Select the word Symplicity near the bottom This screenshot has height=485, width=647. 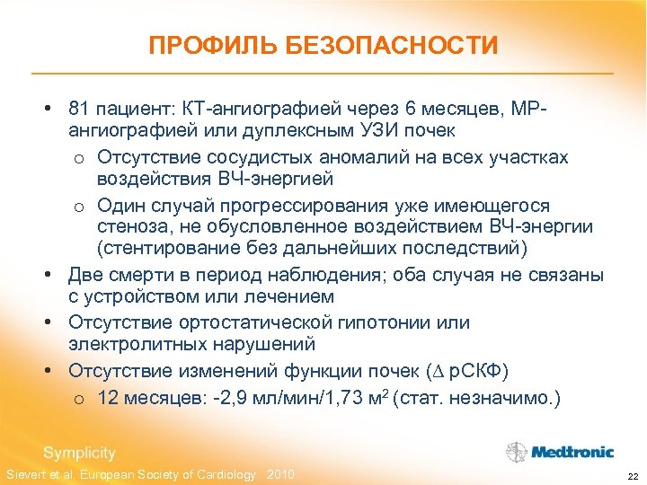click(x=80, y=453)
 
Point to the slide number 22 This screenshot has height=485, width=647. click(x=632, y=475)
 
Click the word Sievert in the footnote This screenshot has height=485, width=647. click(x=24, y=474)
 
